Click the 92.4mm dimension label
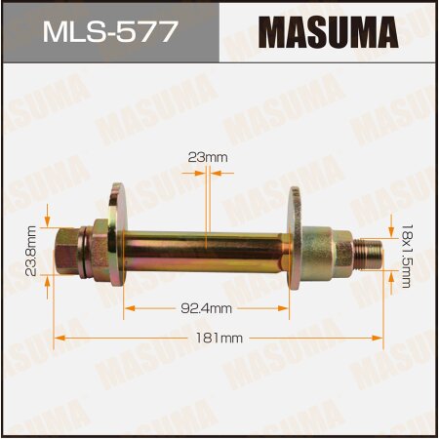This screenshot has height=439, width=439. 206,308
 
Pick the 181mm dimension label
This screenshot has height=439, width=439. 219,338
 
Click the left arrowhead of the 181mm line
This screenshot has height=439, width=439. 59,338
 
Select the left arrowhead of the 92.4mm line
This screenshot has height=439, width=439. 128,308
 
